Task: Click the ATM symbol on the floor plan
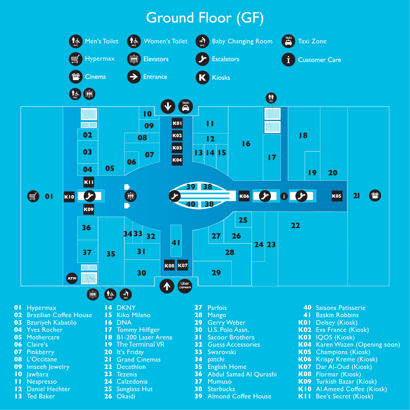pyautogui.click(x=72, y=278)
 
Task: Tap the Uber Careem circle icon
pyautogui.click(x=185, y=286)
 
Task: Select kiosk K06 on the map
pyautogui.click(x=244, y=196)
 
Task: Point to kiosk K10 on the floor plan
pyautogui.click(x=69, y=197)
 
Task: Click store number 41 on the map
pyautogui.click(x=176, y=243)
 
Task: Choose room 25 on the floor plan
pyautogui.click(x=243, y=220)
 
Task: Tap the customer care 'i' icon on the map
pyautogui.click(x=284, y=196)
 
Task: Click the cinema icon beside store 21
pyautogui.click(x=375, y=195)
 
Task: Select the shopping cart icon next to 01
pyautogui.click(x=33, y=196)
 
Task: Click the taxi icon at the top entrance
pyautogui.click(x=186, y=106)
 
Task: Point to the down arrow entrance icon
pyautogui.click(x=168, y=106)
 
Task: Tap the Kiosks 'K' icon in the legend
pyautogui.click(x=202, y=77)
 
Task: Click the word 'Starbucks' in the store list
pyautogui.click(x=221, y=389)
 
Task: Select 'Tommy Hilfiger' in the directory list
pyautogui.click(x=138, y=330)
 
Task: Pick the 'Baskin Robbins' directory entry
pyautogui.click(x=337, y=315)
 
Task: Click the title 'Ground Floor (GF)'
pyautogui.click(x=205, y=18)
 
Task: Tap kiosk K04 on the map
pyautogui.click(x=177, y=160)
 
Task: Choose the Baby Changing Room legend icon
pyautogui.click(x=202, y=41)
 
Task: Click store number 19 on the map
pyautogui.click(x=312, y=173)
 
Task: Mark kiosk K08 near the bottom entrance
pyautogui.click(x=169, y=265)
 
